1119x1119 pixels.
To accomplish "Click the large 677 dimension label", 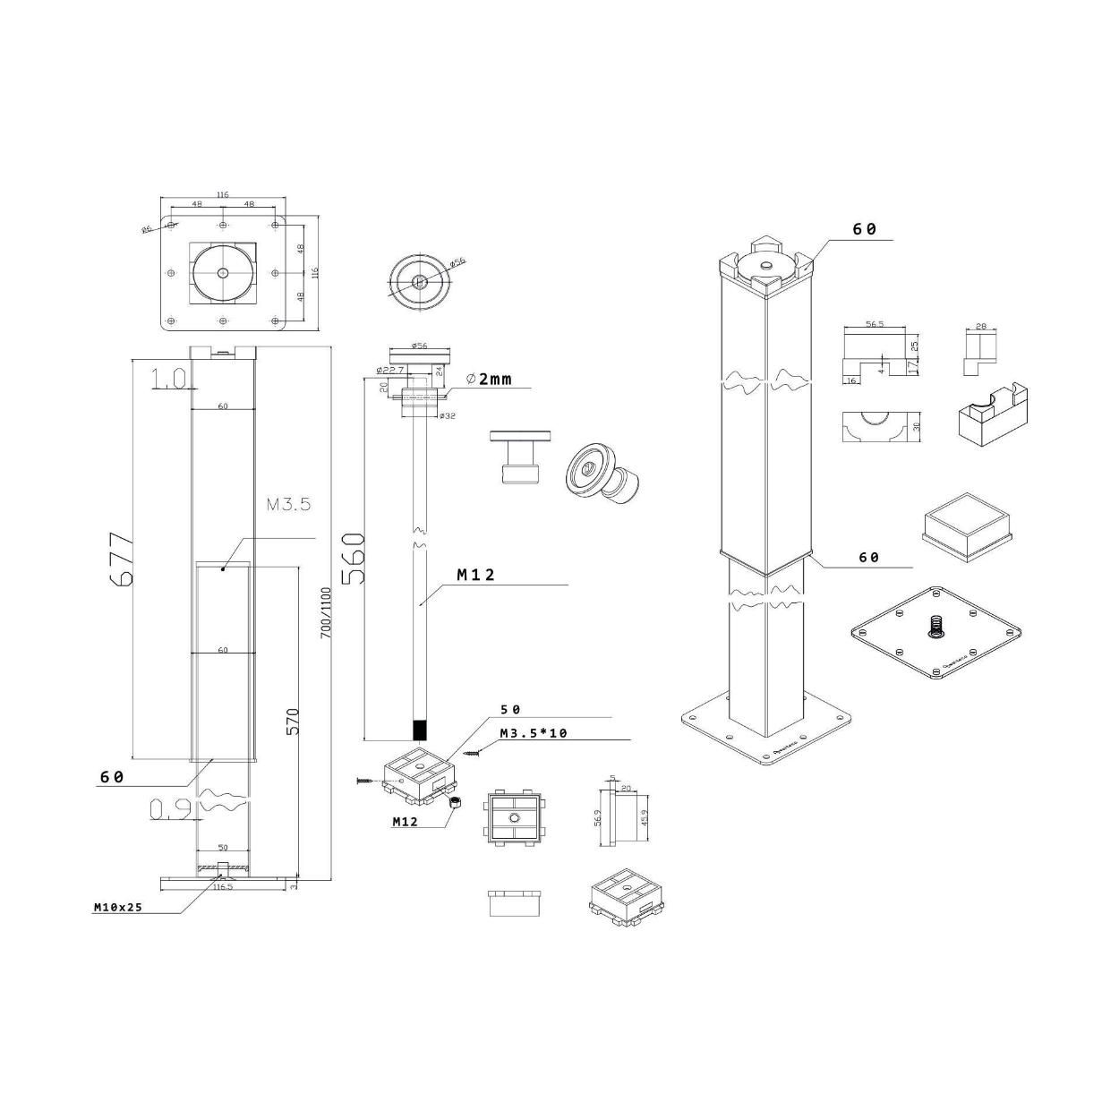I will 120,559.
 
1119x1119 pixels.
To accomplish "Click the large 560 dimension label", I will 352,558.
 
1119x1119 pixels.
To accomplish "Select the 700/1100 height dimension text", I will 326,611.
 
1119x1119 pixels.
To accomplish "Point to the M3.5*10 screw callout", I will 534,733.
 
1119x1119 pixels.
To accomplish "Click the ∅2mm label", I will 490,379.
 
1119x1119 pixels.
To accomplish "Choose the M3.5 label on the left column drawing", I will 288,505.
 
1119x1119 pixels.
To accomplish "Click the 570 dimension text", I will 293,722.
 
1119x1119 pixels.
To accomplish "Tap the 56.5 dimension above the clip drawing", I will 875,324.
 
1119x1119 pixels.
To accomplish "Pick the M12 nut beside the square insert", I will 454,803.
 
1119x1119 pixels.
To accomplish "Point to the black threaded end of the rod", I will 420,728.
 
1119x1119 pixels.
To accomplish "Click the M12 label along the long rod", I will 475,576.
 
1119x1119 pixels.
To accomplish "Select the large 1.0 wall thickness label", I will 169,379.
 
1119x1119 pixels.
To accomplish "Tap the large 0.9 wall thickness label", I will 169,809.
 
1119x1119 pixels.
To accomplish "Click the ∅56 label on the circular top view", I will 457,262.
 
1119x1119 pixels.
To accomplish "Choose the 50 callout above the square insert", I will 510,709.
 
